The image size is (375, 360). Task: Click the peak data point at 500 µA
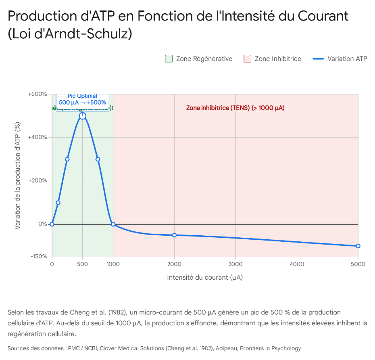pyautogui.click(x=83, y=116)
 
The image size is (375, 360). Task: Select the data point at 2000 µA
pyautogui.click(x=174, y=235)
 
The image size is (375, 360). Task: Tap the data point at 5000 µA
pyautogui.click(x=358, y=246)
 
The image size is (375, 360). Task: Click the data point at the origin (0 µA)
pyautogui.click(x=52, y=224)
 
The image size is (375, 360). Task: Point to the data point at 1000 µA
pyautogui.click(x=113, y=224)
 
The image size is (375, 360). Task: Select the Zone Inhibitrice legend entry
pyautogui.click(x=273, y=59)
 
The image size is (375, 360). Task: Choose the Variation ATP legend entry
pyautogui.click(x=340, y=59)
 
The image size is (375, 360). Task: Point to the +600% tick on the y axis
pyautogui.click(x=38, y=94)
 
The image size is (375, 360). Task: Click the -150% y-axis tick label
pyautogui.click(x=39, y=257)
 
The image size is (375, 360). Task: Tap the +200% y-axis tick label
pyautogui.click(x=38, y=181)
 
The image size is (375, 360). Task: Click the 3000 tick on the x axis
pyautogui.click(x=235, y=264)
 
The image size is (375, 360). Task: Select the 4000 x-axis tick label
pyautogui.click(x=297, y=264)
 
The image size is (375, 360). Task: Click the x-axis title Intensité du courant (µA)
pyautogui.click(x=205, y=278)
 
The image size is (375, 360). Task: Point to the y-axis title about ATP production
pyautogui.click(x=17, y=176)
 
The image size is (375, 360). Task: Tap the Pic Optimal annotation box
pyautogui.click(x=82, y=99)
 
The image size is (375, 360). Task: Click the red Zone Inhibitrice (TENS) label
pyautogui.click(x=235, y=108)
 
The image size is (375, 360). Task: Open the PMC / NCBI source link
pyautogui.click(x=83, y=348)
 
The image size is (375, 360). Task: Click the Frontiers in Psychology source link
pyautogui.click(x=270, y=348)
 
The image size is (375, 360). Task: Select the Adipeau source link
pyautogui.click(x=226, y=348)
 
